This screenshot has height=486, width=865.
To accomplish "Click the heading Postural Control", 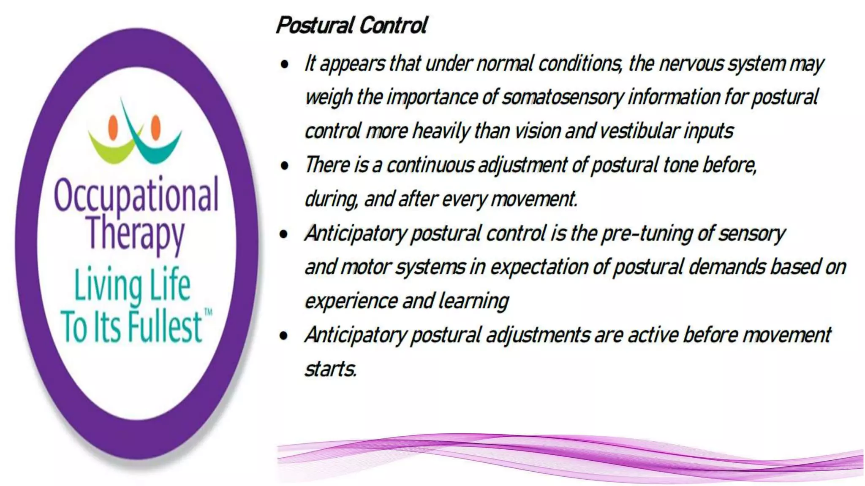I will (x=351, y=25).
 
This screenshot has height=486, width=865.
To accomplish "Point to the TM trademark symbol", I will (x=208, y=313).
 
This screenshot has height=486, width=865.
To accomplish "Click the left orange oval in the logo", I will (x=113, y=127).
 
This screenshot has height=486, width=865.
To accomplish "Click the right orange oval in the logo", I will (x=156, y=127).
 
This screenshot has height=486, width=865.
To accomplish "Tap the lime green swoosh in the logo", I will (x=111, y=150).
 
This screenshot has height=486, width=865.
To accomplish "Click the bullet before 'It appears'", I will (x=285, y=65).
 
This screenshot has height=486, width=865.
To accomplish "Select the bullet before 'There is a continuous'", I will (x=285, y=166).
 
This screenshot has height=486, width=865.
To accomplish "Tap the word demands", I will (x=727, y=267).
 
